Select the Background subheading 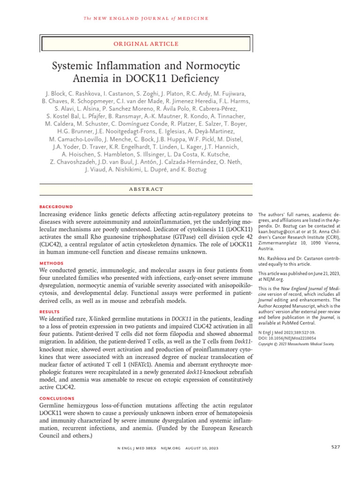56,206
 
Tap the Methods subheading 52,263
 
